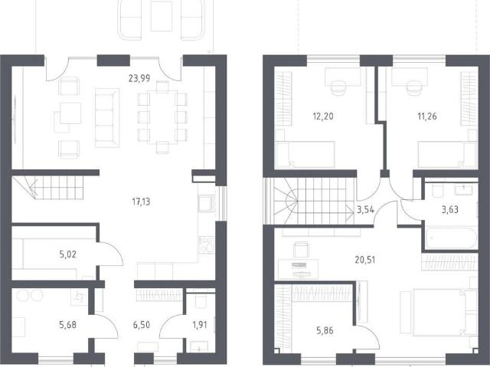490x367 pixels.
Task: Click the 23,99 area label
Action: click(x=139, y=78)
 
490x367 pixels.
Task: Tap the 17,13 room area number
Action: click(x=141, y=202)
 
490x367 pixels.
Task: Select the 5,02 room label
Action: click(x=68, y=254)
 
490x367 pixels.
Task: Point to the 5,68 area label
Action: click(x=68, y=325)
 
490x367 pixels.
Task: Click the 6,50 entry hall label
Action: click(x=142, y=325)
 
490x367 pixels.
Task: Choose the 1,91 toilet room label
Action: click(x=200, y=325)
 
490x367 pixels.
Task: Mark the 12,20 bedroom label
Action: click(x=323, y=116)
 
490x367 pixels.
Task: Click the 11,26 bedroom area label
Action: click(x=427, y=116)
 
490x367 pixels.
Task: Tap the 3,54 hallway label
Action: click(x=365, y=209)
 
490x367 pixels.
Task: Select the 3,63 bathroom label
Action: click(x=450, y=209)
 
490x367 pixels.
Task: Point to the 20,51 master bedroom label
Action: click(x=365, y=260)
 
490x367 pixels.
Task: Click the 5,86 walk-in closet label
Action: click(x=325, y=331)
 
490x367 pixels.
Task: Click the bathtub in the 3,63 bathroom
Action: click(x=451, y=238)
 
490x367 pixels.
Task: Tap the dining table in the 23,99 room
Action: click(x=162, y=117)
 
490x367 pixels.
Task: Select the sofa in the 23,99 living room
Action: click(x=107, y=118)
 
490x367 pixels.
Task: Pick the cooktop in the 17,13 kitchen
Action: click(x=207, y=244)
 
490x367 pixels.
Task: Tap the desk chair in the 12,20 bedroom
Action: click(x=338, y=87)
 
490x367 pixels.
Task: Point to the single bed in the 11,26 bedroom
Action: click(x=447, y=155)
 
